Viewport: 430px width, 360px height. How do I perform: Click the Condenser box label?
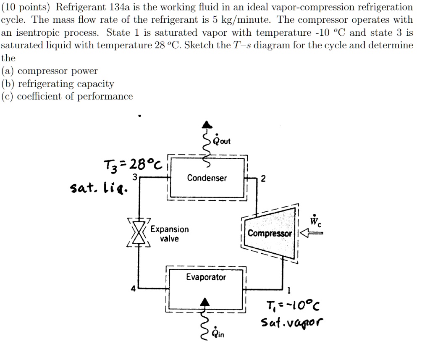(207, 178)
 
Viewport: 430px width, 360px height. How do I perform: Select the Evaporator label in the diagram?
(206, 277)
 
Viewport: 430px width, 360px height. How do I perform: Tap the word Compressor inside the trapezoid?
(270, 233)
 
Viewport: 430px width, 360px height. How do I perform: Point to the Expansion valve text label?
(170, 234)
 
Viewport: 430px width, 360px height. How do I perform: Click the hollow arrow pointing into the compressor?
(312, 233)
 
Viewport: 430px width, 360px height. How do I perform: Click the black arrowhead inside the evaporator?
(205, 302)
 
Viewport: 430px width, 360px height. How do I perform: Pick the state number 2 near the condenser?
(263, 179)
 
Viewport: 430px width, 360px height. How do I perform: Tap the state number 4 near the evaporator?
(133, 289)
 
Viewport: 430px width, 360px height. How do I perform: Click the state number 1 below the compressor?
(288, 290)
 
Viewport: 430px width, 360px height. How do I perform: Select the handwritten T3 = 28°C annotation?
(133, 165)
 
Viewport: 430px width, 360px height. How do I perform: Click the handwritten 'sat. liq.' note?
(99, 188)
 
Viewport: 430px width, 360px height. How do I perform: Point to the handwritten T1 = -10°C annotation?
(293, 305)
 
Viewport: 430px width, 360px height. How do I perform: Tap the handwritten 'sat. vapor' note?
(292, 322)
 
